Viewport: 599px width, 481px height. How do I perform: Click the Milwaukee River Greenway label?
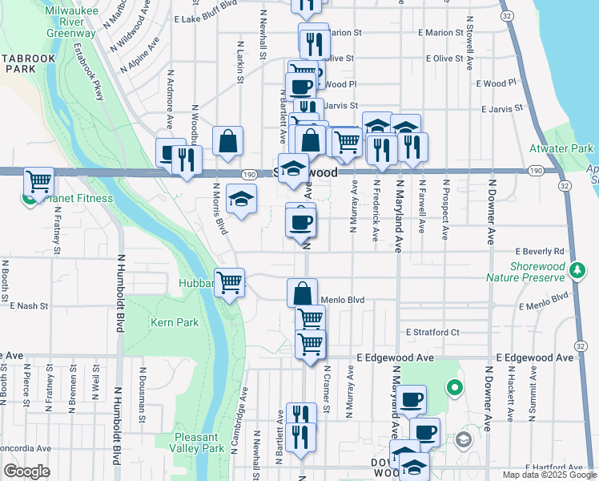click(70, 22)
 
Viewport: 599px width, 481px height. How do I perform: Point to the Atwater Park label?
click(561, 148)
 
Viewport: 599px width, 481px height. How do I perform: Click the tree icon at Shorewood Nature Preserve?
click(577, 270)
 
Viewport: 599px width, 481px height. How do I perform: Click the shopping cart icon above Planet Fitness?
click(38, 181)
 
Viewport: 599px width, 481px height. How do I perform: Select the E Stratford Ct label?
click(432, 332)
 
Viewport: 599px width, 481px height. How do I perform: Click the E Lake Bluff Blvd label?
click(206, 17)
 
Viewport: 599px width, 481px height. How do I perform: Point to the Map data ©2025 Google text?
click(549, 475)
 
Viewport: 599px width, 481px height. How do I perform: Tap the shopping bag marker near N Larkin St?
click(228, 141)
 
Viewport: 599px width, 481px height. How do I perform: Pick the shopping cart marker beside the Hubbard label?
click(230, 282)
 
